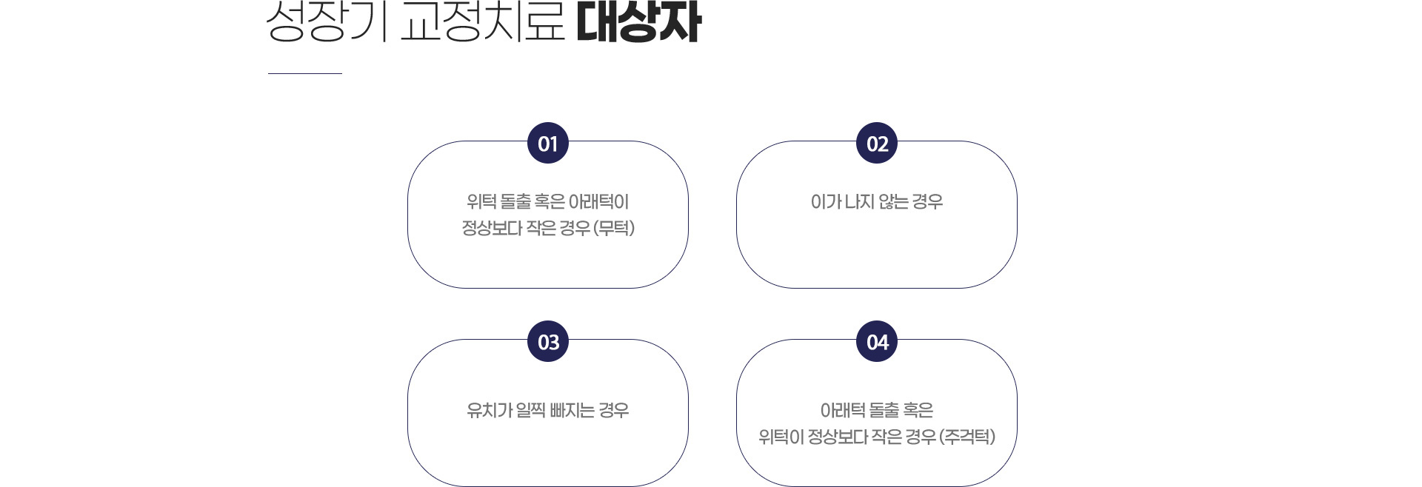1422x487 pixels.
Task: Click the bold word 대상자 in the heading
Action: [x=638, y=22]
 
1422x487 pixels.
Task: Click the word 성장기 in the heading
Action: [x=327, y=22]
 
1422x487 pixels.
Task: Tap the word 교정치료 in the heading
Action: [x=483, y=22]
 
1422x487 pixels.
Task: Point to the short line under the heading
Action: [x=305, y=73]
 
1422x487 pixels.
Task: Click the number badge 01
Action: [x=548, y=144]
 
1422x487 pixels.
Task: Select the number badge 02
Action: [x=877, y=144]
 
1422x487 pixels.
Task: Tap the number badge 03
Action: [x=548, y=342]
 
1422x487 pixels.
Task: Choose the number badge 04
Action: [x=877, y=342]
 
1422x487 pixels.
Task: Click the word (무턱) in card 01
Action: [x=614, y=228]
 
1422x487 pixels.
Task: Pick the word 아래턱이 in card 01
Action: [x=598, y=201]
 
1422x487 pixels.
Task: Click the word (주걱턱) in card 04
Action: [x=967, y=437]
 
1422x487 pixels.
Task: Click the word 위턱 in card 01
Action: [x=481, y=201]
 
